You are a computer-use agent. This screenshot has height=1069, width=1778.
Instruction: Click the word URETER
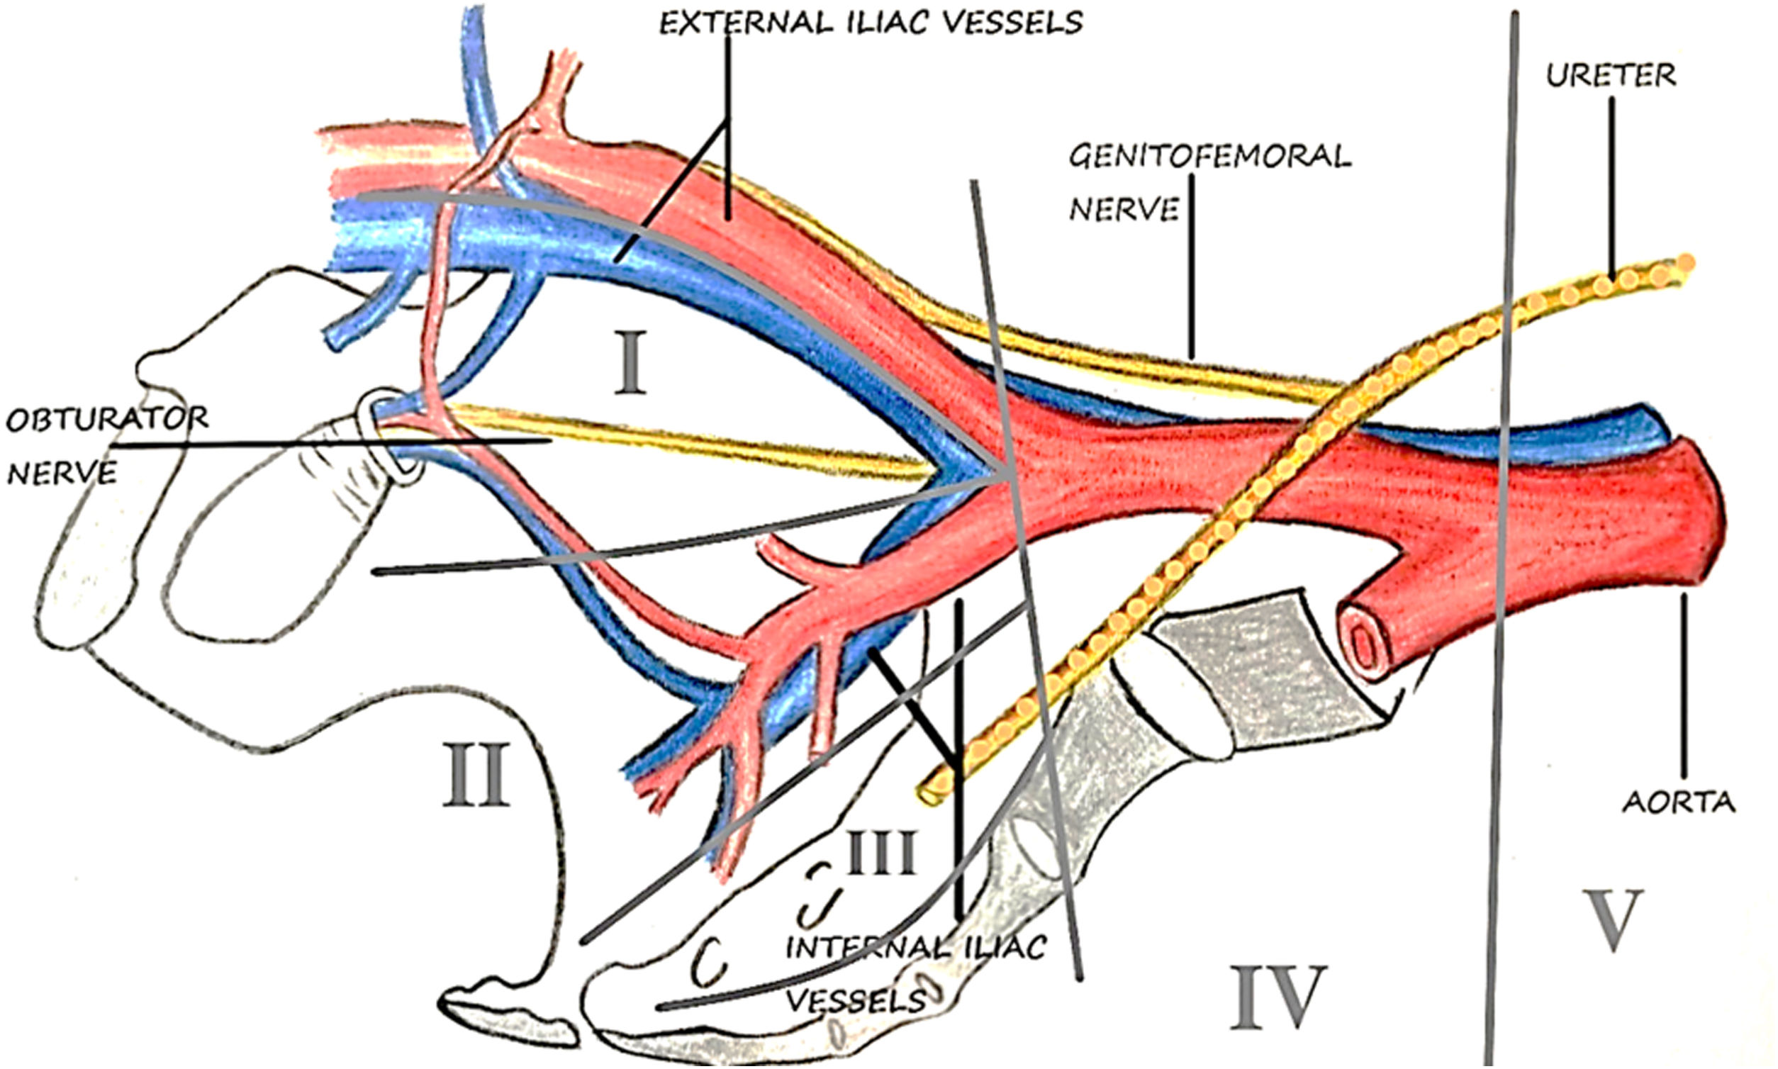(x=1610, y=75)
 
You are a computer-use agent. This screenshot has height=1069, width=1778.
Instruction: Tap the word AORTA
(x=1679, y=802)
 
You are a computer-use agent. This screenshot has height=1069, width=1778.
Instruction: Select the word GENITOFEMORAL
(x=1209, y=157)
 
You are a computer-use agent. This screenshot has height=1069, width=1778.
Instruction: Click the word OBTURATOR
(x=107, y=418)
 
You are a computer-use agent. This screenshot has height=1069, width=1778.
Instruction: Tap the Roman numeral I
(x=630, y=364)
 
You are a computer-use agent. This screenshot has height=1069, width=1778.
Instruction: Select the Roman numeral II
(x=476, y=776)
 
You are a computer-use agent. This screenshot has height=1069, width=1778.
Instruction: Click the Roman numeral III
(x=880, y=853)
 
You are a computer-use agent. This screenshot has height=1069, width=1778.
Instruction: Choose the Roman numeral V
(x=1612, y=921)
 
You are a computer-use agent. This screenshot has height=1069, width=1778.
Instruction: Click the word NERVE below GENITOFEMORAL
(x=1124, y=210)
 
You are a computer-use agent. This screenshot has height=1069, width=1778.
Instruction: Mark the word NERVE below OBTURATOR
(x=62, y=474)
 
